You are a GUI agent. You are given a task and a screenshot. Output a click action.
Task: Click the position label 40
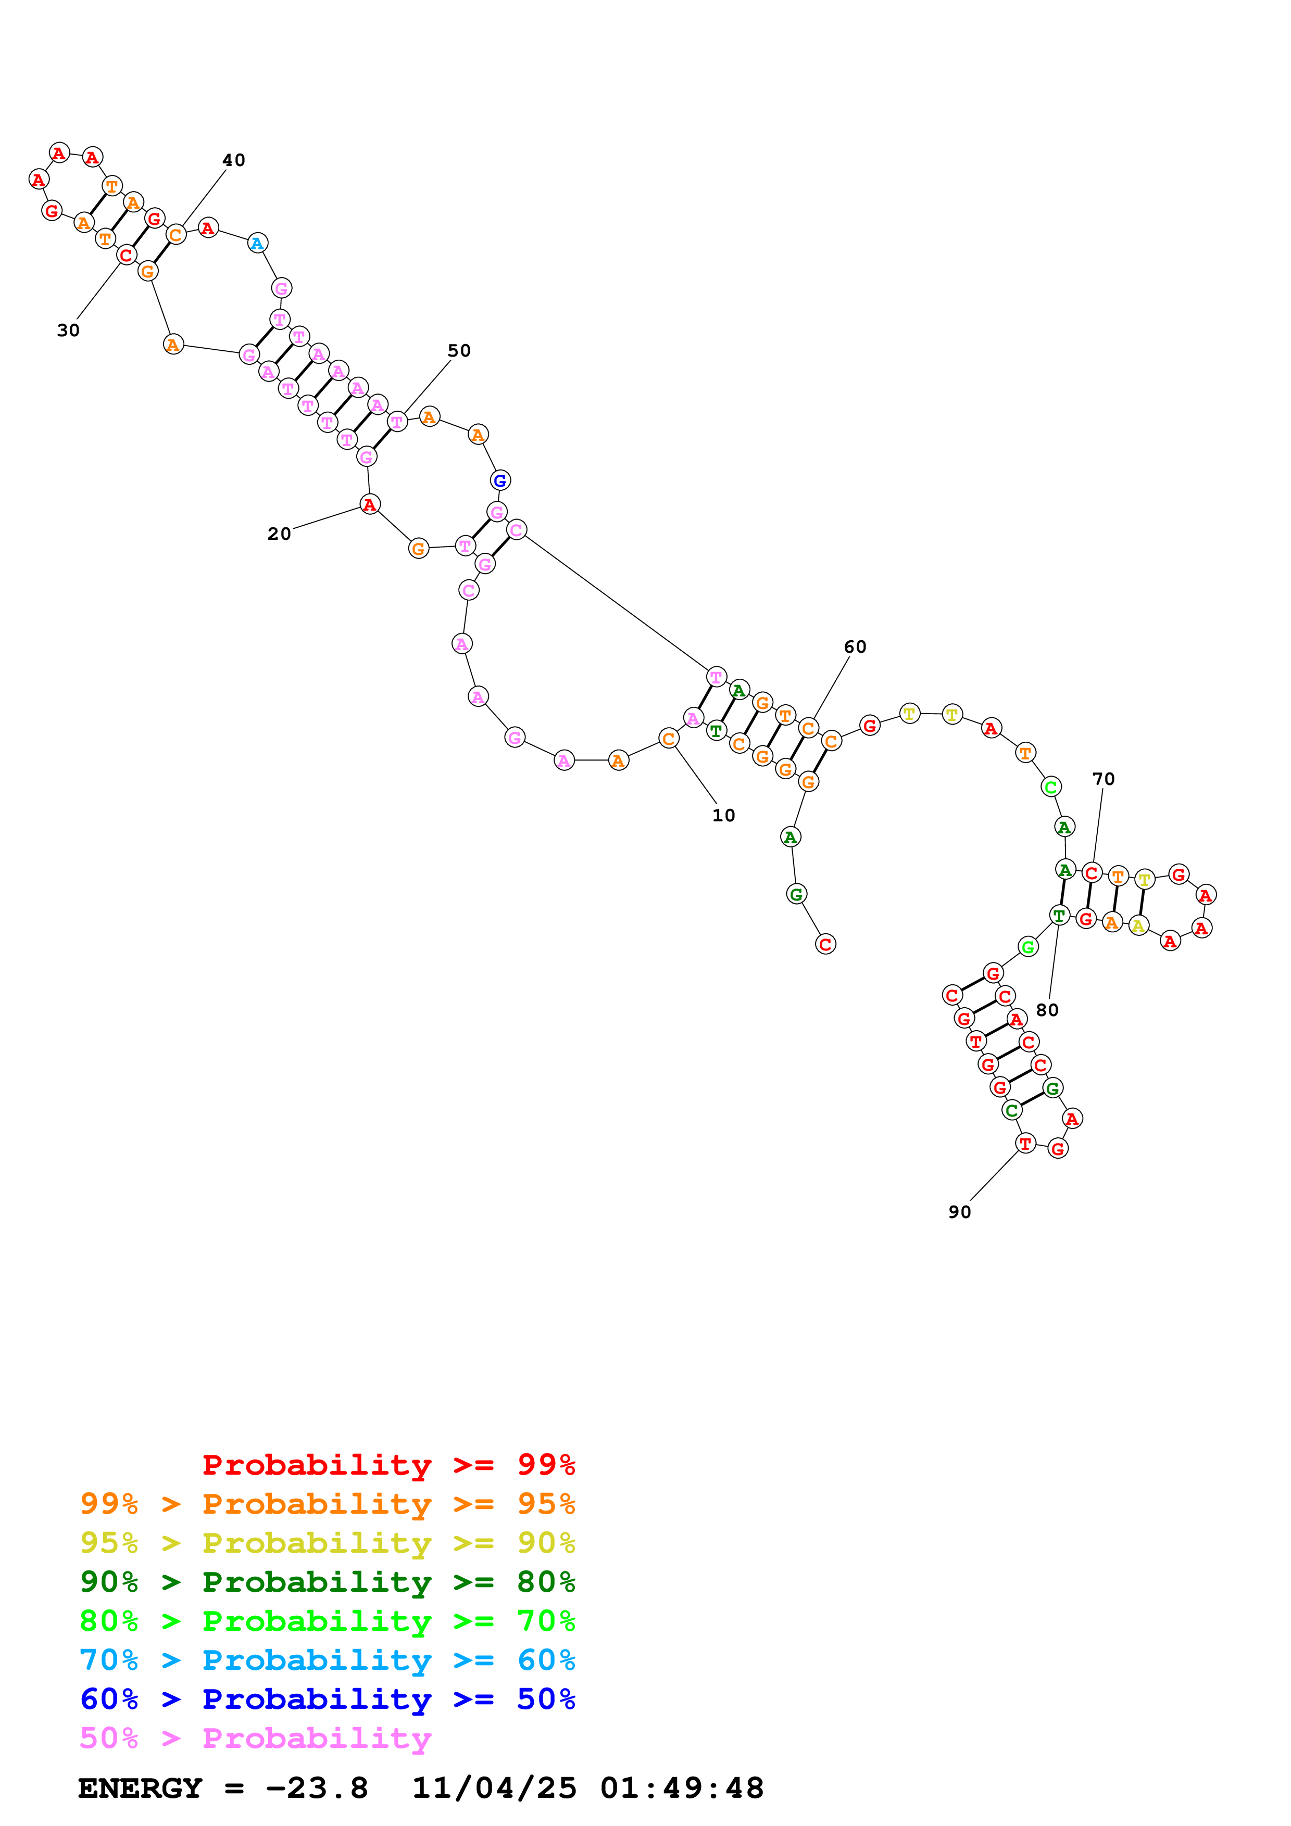point(233,160)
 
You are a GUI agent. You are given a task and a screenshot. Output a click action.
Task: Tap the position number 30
point(68,330)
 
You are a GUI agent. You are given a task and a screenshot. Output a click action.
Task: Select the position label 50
point(459,351)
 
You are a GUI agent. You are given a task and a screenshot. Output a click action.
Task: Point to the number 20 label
point(279,534)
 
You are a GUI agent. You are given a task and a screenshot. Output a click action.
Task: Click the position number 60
point(855,646)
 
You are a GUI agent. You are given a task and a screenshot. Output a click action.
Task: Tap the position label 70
point(1104,779)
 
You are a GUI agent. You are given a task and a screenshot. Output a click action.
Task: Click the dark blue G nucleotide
point(499,480)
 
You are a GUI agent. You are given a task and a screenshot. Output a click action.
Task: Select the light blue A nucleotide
point(257,244)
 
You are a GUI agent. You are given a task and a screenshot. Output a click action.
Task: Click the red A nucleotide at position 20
point(370,504)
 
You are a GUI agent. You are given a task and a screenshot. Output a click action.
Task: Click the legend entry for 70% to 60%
point(328,1660)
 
